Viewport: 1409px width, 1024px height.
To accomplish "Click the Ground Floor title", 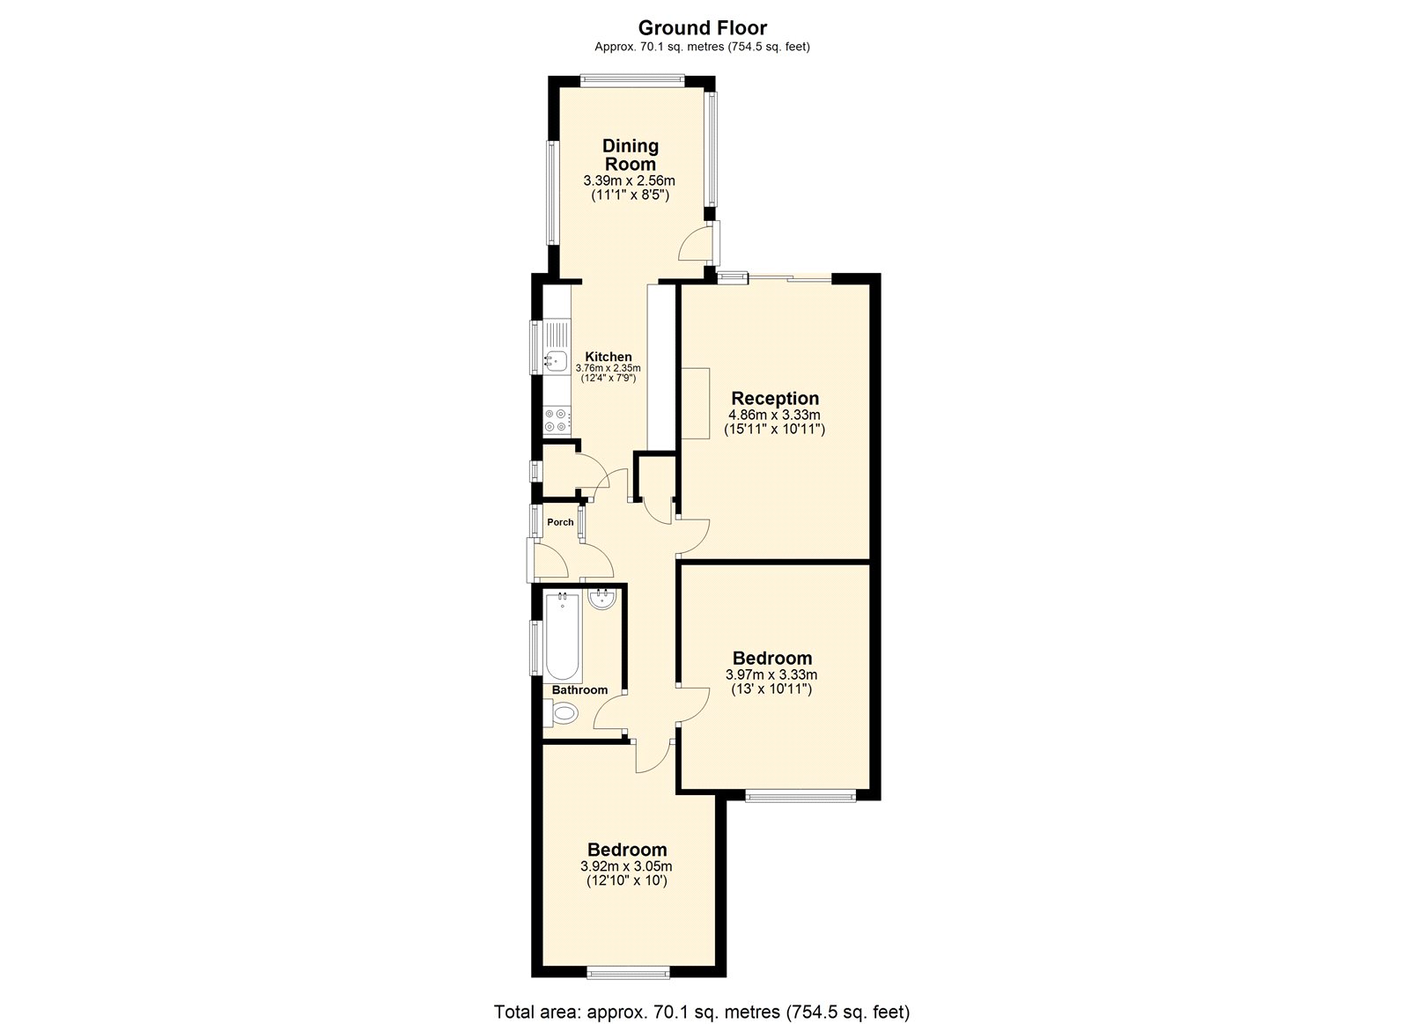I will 702,28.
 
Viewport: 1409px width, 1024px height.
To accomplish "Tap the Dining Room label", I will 630,155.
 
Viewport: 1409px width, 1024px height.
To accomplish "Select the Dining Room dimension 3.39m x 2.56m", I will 629,180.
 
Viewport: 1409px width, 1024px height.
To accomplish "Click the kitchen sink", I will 556,358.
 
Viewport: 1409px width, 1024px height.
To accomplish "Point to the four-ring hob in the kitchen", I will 556,420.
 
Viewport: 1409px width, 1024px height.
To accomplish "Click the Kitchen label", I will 609,357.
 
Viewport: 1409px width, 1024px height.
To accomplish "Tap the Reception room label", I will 775,398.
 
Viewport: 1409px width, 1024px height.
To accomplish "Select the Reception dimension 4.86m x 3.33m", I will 774,415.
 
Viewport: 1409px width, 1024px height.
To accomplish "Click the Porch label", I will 560,522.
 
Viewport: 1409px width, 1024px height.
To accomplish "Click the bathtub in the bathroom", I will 562,637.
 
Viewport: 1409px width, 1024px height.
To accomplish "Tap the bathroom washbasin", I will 602,600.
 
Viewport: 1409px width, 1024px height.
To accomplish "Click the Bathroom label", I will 579,690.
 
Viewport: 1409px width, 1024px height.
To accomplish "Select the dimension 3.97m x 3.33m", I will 771,675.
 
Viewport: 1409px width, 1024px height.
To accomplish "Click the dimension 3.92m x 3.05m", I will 626,866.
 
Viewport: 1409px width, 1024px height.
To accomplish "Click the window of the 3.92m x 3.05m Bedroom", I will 628,973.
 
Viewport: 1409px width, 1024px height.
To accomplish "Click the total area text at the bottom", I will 702,1012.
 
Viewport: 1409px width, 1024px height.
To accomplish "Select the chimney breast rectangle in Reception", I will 695,402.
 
